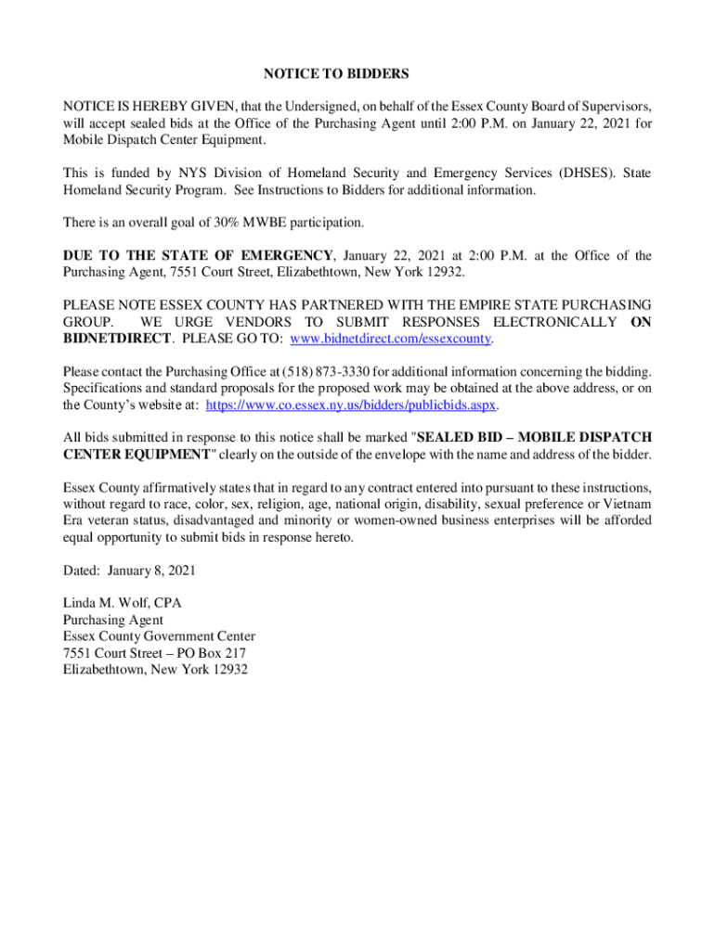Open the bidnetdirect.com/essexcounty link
point(390,339)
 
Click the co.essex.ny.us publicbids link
point(352,405)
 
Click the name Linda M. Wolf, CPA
point(122,603)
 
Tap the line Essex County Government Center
point(158,636)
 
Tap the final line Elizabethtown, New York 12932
point(155,670)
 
